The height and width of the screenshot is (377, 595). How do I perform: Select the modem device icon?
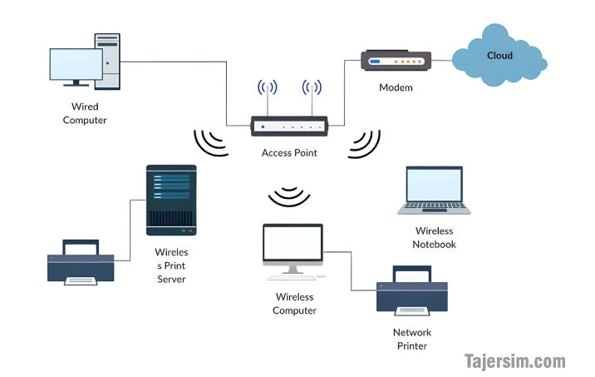(396, 61)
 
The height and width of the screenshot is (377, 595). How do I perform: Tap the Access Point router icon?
(289, 126)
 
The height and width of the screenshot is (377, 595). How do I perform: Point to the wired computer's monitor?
(76, 65)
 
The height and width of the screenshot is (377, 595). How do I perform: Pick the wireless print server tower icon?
(171, 199)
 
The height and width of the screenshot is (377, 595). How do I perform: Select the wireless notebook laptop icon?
(434, 191)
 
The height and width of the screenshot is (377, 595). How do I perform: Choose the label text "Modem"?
(396, 87)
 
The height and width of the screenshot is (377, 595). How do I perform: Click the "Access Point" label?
(289, 153)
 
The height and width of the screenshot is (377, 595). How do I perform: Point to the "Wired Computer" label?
(85, 113)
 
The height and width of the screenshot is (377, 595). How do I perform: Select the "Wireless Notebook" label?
(434, 237)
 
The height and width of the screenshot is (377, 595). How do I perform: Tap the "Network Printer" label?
(412, 339)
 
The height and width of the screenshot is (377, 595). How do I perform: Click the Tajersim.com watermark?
(514, 361)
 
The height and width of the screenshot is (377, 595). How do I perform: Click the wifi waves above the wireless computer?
(289, 197)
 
